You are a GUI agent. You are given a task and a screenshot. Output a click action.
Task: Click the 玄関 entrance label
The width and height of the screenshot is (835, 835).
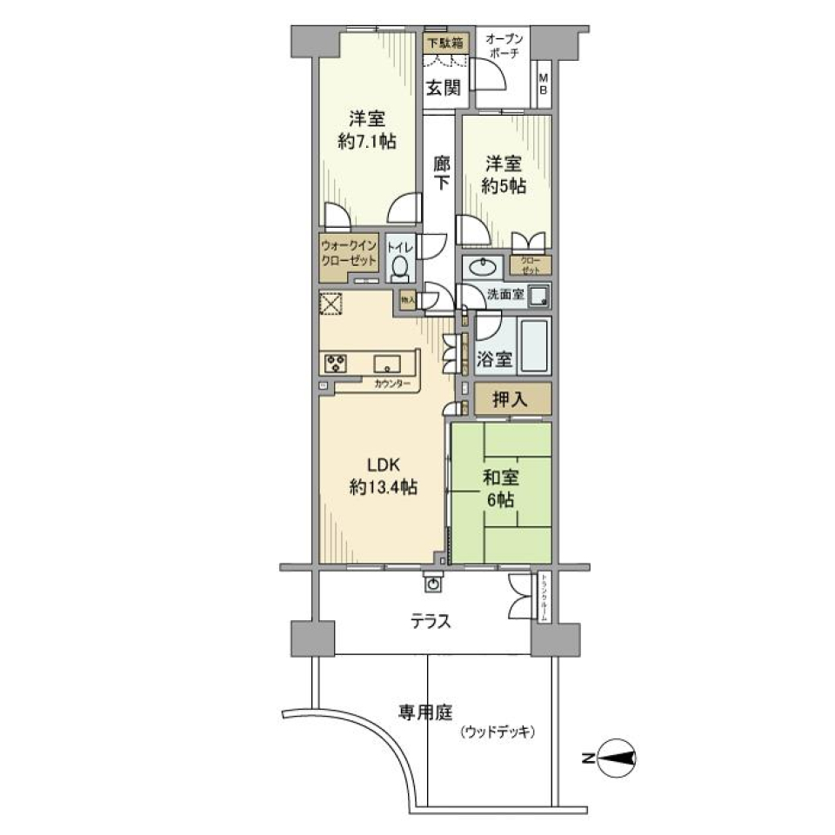(443, 87)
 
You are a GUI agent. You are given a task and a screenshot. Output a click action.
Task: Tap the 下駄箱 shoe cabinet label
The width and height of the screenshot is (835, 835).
(443, 40)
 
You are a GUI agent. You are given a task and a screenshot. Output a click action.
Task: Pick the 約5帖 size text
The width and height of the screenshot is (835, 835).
(505, 185)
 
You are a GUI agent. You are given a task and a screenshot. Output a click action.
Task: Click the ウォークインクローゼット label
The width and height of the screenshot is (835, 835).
(349, 254)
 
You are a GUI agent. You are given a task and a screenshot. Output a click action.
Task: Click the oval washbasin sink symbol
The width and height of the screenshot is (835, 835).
(481, 267)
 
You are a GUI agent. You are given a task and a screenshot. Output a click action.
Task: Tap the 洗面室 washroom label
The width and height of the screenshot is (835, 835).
(505, 295)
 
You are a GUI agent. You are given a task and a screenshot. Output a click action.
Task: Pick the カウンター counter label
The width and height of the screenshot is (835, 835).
(388, 384)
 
